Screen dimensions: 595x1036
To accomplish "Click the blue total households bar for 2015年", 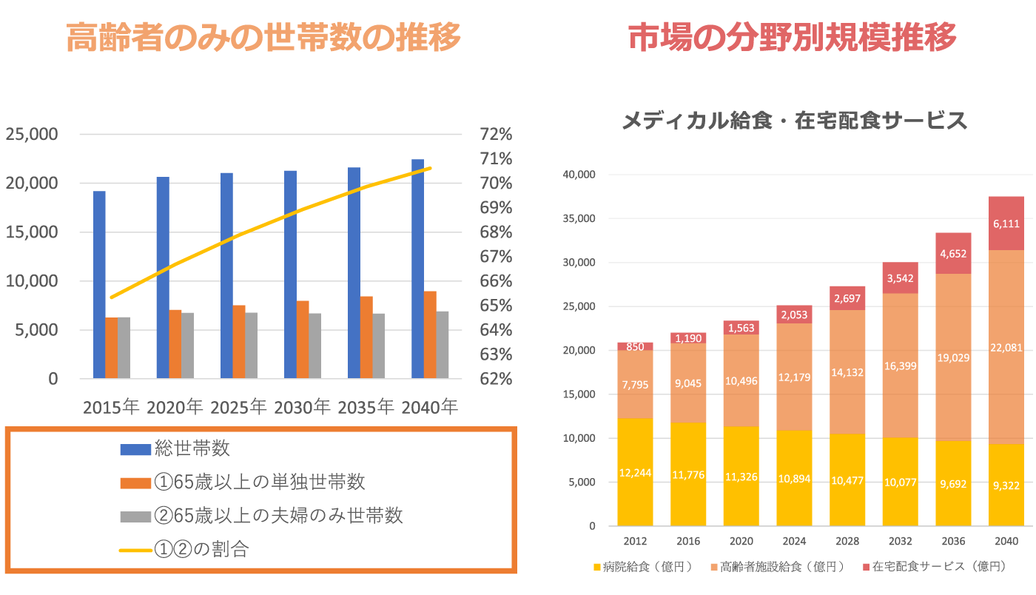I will click(99, 285).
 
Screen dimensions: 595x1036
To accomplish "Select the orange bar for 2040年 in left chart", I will click(430, 335).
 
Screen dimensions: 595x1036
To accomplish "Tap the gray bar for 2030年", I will click(315, 346).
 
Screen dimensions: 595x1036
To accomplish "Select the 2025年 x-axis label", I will click(238, 407).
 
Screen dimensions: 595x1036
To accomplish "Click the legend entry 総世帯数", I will click(192, 448).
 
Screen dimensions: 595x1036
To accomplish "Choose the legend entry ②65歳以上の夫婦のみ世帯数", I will click(278, 516).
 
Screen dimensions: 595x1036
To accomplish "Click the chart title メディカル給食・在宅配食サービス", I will click(794, 121).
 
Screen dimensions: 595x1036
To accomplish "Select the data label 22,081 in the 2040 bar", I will click(1006, 347).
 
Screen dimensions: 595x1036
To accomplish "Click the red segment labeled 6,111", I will click(1006, 223).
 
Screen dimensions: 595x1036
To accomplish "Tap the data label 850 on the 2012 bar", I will click(635, 346).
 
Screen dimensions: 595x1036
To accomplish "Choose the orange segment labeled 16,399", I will click(900, 365).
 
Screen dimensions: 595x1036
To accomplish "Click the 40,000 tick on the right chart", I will click(580, 175).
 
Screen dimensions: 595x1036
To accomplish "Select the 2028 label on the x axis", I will click(847, 541).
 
